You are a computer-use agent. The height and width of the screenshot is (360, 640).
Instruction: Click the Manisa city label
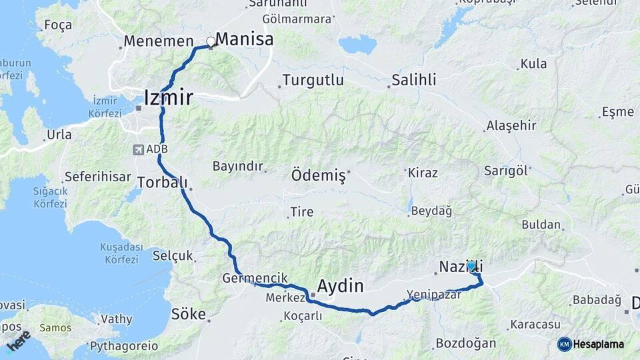(x=245, y=39)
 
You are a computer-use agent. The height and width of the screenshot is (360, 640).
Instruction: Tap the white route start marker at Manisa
(x=211, y=42)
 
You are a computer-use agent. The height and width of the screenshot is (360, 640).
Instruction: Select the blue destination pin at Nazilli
(x=471, y=266)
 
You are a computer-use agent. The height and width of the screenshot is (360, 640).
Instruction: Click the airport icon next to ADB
(x=138, y=149)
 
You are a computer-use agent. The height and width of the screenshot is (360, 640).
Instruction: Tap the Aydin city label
(x=341, y=287)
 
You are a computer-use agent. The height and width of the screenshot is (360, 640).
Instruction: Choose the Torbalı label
(x=162, y=182)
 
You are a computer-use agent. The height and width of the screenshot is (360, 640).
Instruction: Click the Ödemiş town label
(x=318, y=176)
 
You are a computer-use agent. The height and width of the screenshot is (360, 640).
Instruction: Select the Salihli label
(x=414, y=80)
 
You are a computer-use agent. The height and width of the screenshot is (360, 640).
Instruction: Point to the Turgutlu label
(x=313, y=81)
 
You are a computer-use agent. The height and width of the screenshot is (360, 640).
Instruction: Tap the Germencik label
(x=255, y=277)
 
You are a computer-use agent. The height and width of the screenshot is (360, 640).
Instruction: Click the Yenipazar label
(x=434, y=295)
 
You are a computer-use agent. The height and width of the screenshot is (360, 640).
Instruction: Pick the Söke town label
(x=189, y=314)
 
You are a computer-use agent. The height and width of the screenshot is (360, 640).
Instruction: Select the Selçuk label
(x=173, y=255)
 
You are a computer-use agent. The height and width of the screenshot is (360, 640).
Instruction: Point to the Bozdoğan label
(x=465, y=344)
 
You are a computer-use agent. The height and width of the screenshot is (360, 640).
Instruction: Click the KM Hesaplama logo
(x=591, y=344)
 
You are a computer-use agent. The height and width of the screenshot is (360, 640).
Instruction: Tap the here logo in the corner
(x=17, y=341)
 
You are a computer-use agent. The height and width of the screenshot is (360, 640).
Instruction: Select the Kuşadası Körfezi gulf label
(x=119, y=253)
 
